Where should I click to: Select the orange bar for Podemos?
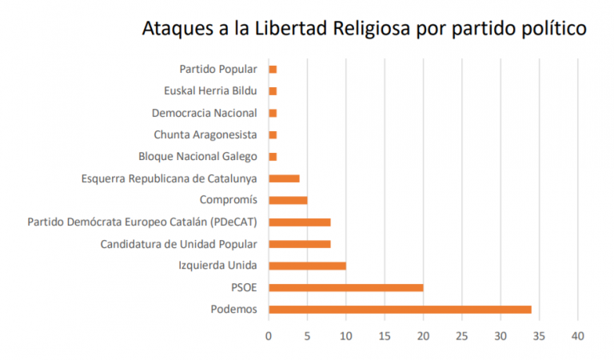click(x=400, y=309)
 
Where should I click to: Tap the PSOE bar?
click(x=346, y=287)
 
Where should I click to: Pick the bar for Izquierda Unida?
click(x=307, y=266)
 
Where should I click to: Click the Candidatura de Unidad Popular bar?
click(x=300, y=243)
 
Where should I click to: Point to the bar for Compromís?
click(x=288, y=200)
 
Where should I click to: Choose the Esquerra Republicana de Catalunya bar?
click(x=284, y=178)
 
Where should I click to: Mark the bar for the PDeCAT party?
click(x=300, y=222)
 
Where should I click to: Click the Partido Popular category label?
click(x=217, y=70)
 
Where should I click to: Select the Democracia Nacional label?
click(x=205, y=113)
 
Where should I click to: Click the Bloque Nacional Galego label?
click(x=197, y=156)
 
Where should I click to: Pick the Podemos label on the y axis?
click(x=233, y=309)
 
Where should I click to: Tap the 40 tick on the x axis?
click(x=578, y=336)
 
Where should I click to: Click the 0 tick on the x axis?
click(x=269, y=336)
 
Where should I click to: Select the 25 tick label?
click(x=462, y=336)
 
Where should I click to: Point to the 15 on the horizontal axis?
click(x=385, y=336)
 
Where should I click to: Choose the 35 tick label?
click(x=540, y=336)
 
